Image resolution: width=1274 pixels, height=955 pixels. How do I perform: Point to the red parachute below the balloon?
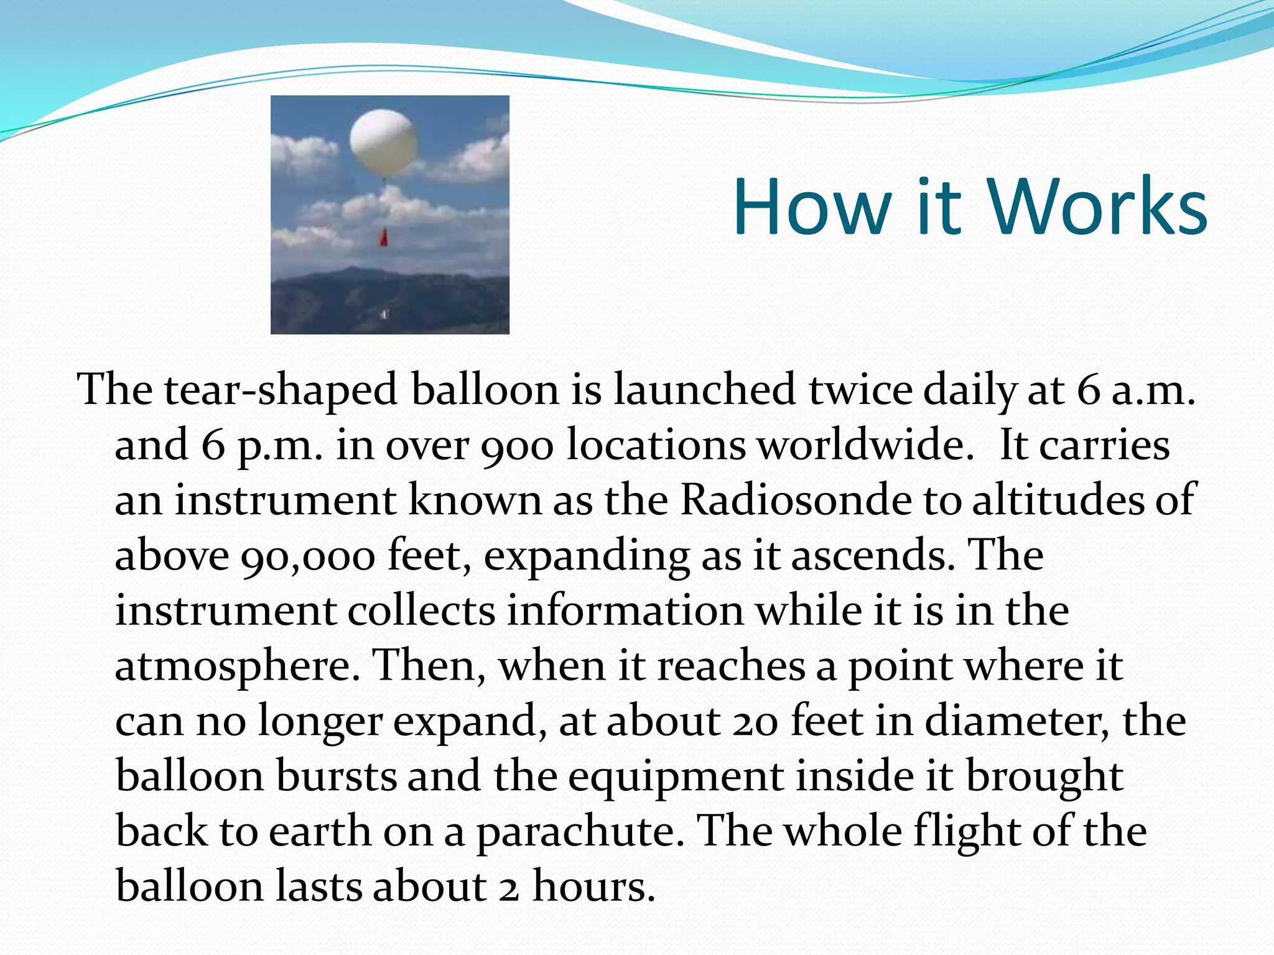384,237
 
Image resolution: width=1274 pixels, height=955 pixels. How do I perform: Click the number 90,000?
307,555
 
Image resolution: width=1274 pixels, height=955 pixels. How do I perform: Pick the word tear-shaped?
281,390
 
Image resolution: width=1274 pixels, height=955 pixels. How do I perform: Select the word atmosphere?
237,665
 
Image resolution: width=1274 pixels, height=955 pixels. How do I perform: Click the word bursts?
336,775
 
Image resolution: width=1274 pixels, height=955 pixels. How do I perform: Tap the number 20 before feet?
755,721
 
